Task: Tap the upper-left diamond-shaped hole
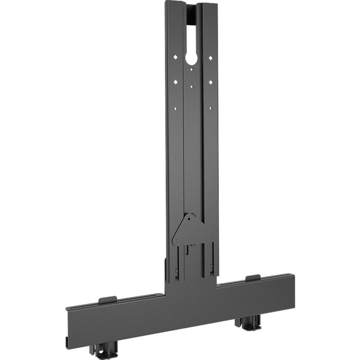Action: coord(175,58)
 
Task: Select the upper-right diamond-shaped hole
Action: coord(210,58)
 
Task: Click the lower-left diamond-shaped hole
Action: coord(175,82)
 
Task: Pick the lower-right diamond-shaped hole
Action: coord(210,82)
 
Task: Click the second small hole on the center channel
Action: coord(192,86)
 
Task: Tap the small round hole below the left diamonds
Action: coord(175,107)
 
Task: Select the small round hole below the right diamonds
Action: coord(210,108)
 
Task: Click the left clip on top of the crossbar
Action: coord(107,299)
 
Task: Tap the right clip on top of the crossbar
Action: coord(253,278)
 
